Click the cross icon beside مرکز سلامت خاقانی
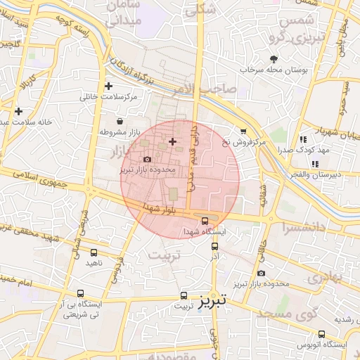click(x=108, y=86)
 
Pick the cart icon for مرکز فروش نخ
click(x=243, y=131)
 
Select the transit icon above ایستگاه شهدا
click(x=205, y=221)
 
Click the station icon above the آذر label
click(x=215, y=246)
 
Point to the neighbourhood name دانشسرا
click(x=306, y=228)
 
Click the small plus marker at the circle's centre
click(x=173, y=142)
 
